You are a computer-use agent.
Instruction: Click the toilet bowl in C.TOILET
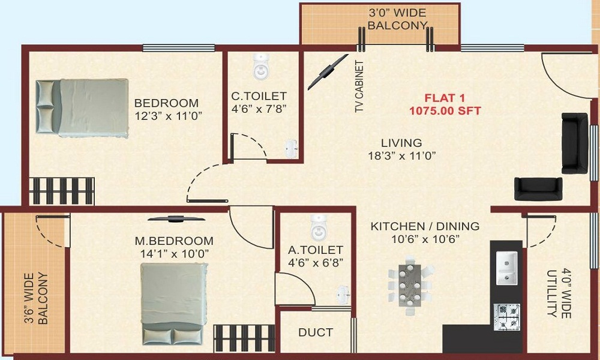click(260, 66)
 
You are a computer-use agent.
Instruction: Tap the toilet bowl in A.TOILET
click(319, 227)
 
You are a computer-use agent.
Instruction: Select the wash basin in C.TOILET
click(292, 149)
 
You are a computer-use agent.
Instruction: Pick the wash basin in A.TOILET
click(343, 295)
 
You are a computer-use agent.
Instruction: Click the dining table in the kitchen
click(410, 285)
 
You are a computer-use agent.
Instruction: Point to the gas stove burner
click(508, 317)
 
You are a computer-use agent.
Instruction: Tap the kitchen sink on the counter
click(507, 268)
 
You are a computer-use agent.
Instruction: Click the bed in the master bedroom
click(174, 304)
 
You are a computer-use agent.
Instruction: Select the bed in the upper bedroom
click(82, 108)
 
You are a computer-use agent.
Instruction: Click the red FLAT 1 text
click(445, 98)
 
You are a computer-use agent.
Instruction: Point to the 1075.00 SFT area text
click(445, 111)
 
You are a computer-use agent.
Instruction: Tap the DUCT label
click(316, 332)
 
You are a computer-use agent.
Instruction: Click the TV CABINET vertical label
click(359, 86)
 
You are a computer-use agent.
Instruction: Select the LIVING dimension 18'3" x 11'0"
click(402, 156)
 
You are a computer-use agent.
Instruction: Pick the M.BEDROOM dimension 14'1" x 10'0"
click(174, 254)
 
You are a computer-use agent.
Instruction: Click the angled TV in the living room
click(328, 72)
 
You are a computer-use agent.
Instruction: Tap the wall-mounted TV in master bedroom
click(176, 219)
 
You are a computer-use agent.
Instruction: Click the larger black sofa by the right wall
click(574, 143)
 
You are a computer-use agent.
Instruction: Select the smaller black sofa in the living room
click(538, 188)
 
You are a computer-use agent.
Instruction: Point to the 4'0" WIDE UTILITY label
click(559, 294)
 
